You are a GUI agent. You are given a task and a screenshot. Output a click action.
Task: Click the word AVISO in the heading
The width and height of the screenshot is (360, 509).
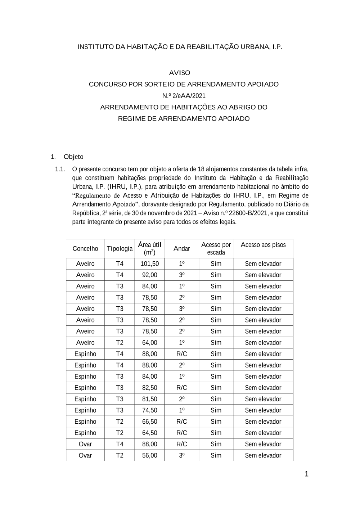tap(180, 73)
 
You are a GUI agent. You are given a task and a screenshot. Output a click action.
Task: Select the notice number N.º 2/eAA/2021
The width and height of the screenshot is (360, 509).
tap(184, 96)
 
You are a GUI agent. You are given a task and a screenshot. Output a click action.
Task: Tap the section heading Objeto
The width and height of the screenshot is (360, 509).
tap(73, 157)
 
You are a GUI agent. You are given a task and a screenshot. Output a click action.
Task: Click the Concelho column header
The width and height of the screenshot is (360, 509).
tap(85, 248)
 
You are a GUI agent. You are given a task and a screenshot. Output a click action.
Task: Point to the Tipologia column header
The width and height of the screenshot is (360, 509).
tap(120, 248)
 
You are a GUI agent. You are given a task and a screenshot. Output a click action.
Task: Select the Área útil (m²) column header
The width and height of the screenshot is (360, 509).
tap(149, 248)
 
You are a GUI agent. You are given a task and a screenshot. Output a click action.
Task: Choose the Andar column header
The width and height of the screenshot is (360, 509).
tap(182, 248)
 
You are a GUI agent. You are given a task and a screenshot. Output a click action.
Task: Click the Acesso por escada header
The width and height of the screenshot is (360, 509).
tap(216, 248)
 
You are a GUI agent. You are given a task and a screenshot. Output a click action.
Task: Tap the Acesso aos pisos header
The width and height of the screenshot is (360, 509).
tap(263, 245)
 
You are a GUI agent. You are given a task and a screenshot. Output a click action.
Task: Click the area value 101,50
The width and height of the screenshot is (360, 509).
tap(149, 263)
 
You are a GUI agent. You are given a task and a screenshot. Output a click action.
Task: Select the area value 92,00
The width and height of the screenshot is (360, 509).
tap(149, 275)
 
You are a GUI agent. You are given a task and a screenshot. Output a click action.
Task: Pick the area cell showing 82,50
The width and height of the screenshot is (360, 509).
tap(149, 388)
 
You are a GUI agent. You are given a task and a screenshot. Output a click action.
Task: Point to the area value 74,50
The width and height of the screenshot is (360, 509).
tap(149, 410)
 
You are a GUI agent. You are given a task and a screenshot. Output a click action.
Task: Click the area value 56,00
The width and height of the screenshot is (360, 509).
tap(149, 455)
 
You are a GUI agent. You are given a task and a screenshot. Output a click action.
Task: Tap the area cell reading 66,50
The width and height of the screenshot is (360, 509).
tap(149, 422)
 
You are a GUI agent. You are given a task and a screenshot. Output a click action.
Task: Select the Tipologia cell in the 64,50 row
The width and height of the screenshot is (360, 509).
tap(120, 433)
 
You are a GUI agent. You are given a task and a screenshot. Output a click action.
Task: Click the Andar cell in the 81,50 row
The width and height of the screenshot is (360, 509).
tap(182, 399)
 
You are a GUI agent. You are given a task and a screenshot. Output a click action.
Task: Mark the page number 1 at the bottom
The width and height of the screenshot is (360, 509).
tap(306, 474)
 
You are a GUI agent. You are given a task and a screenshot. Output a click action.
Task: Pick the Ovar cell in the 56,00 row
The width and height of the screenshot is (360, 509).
tap(85, 455)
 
